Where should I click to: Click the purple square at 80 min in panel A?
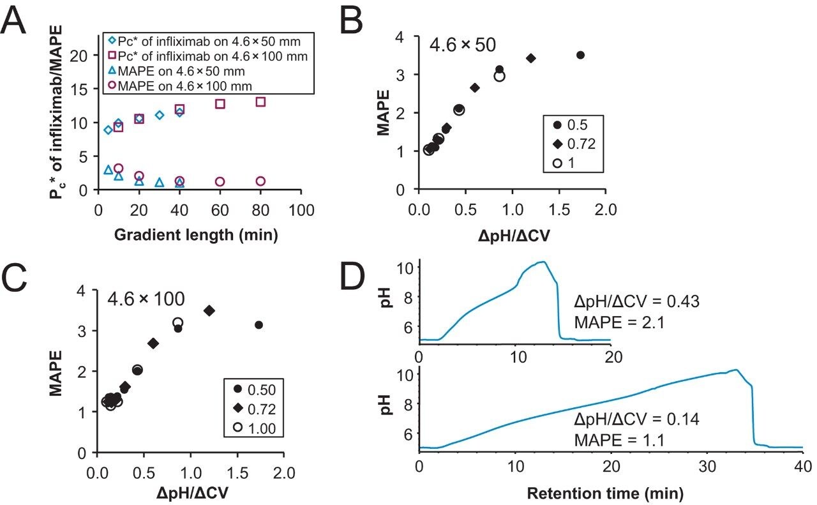[260, 102]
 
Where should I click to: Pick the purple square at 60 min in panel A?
[220, 103]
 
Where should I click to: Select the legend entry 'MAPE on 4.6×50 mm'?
[166, 70]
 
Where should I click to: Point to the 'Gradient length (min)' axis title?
[196, 235]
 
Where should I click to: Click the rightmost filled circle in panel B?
[580, 55]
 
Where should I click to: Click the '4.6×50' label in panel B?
[463, 47]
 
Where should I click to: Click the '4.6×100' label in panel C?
[145, 298]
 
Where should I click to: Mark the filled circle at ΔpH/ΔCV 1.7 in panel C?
[259, 325]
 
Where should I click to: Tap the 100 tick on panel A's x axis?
[301, 210]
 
